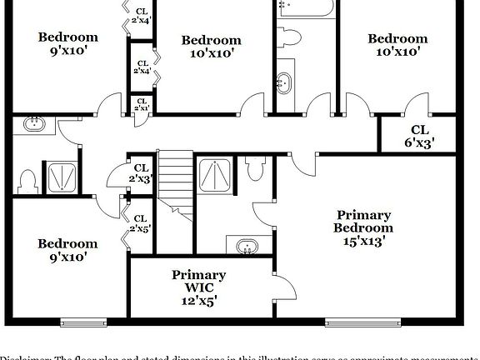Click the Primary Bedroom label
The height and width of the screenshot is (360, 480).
(x=363, y=222)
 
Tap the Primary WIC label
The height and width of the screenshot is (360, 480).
(x=199, y=282)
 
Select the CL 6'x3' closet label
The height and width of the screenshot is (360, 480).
(x=418, y=135)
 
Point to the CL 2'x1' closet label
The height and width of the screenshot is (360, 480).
(x=142, y=106)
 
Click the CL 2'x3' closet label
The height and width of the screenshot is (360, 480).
(x=140, y=173)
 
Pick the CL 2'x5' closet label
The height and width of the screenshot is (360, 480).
(x=140, y=223)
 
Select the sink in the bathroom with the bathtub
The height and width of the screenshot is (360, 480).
(x=285, y=82)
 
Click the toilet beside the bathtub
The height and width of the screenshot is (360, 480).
(x=290, y=37)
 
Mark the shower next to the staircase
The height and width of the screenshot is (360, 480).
(x=216, y=174)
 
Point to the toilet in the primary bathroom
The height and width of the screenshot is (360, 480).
(x=255, y=168)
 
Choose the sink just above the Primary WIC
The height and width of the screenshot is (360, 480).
(x=246, y=247)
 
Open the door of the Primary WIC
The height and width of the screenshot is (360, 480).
(x=284, y=288)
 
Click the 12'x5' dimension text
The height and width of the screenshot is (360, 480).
(x=199, y=302)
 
